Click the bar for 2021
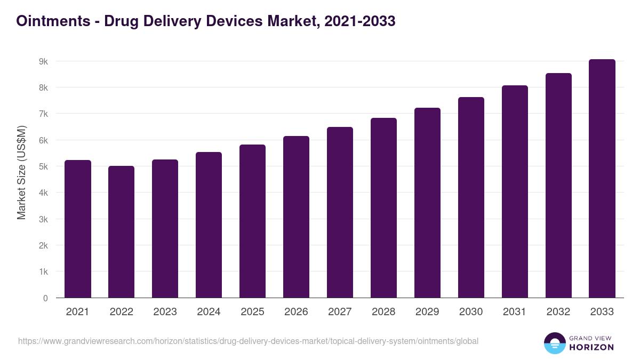click(x=77, y=229)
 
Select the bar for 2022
click(x=121, y=232)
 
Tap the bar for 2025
click(x=252, y=221)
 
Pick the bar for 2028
click(x=383, y=208)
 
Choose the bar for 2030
click(x=471, y=197)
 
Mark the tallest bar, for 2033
click(x=602, y=179)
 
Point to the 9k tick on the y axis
click(x=43, y=61)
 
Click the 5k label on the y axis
click(x=43, y=166)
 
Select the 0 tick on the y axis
click(x=45, y=298)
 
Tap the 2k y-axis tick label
click(x=43, y=245)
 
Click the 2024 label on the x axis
click(x=209, y=312)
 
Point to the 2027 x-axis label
click(x=340, y=312)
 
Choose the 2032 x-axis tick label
click(x=558, y=312)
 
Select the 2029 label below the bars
click(x=427, y=312)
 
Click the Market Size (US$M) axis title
click(x=21, y=173)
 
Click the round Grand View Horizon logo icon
click(x=554, y=343)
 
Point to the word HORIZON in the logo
click(x=591, y=347)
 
